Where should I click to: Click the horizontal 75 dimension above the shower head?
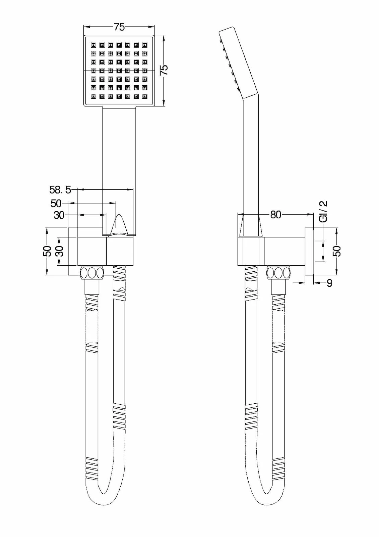tap(119, 27)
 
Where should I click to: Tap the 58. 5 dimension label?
tap(60, 190)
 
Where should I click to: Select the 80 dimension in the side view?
tap(275, 214)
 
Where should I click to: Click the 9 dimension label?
tap(329, 283)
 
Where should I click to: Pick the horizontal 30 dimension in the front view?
tap(59, 215)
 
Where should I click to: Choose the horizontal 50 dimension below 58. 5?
tap(56, 203)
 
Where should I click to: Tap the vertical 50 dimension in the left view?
tap(47, 251)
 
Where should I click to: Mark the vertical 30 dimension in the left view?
tap(59, 251)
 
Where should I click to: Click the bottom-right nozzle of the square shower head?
tap(144, 96)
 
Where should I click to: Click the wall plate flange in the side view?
tap(309, 251)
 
